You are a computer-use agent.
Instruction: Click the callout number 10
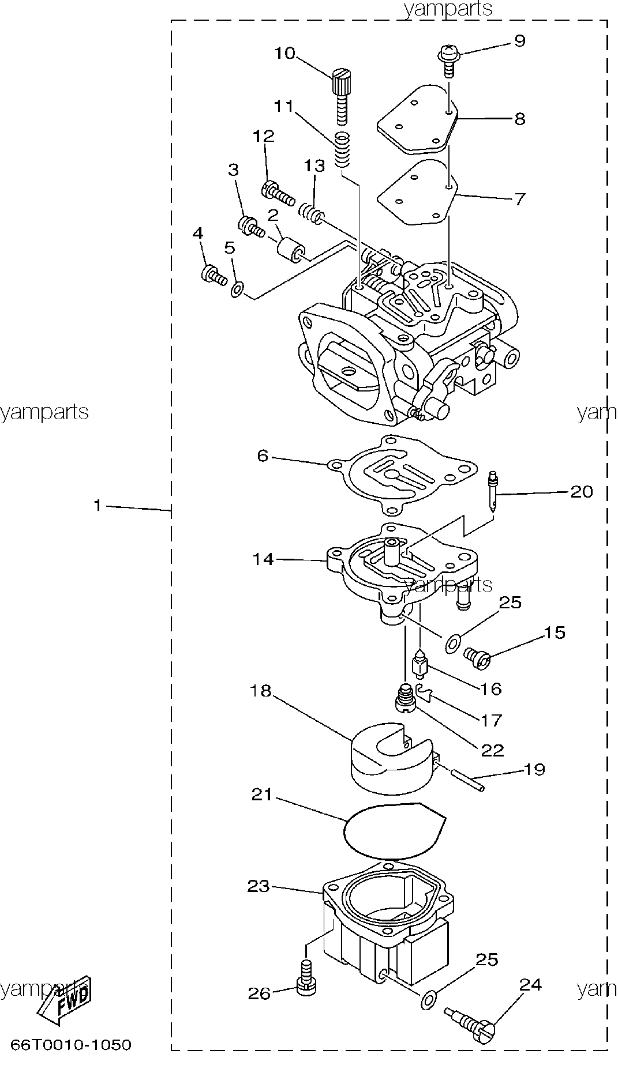pyautogui.click(x=284, y=53)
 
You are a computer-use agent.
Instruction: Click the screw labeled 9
pyautogui.click(x=448, y=60)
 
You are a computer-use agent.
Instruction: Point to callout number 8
pyautogui.click(x=519, y=119)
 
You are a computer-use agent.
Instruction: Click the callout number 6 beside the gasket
pyautogui.click(x=263, y=456)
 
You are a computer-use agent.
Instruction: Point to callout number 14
pyautogui.click(x=263, y=559)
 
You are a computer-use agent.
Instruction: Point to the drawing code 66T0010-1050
pyautogui.click(x=70, y=1045)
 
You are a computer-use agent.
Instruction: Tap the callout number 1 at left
pyautogui.click(x=98, y=506)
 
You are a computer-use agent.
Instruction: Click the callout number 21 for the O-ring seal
pyautogui.click(x=263, y=795)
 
